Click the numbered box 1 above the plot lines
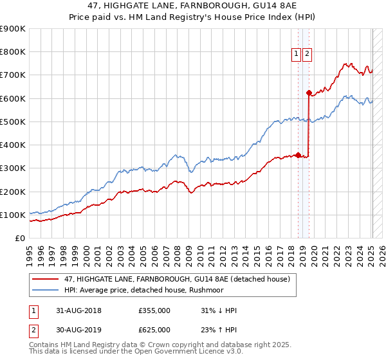tap(297, 55)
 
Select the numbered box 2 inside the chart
tap(308, 55)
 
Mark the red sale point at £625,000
tap(309, 93)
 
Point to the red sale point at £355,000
tap(298, 155)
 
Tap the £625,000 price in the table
tap(154, 330)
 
